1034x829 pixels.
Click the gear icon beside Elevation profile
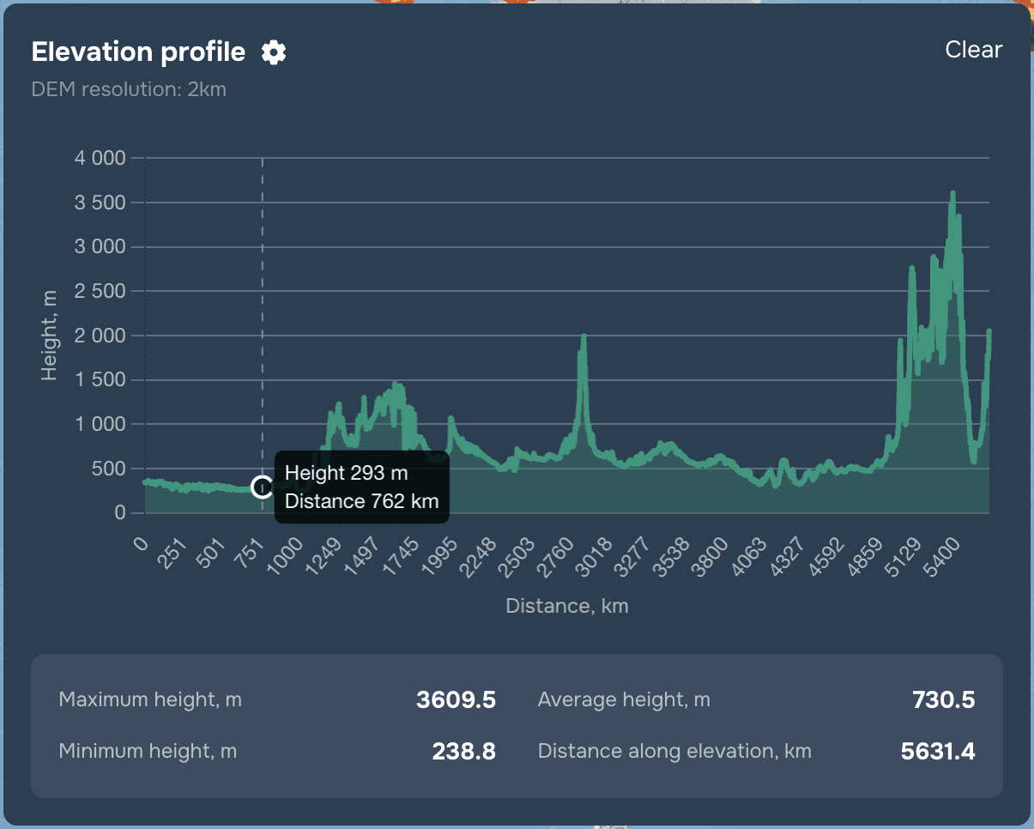coord(274,51)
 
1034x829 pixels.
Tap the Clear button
coord(973,50)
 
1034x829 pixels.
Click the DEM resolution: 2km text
coord(129,89)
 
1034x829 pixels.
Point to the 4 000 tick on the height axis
coord(100,158)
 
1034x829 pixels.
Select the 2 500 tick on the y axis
coord(100,291)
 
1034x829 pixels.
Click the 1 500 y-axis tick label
coord(100,380)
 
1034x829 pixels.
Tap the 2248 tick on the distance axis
coord(478,558)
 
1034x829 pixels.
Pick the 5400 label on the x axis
coord(941,558)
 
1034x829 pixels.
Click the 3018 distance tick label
coord(594,558)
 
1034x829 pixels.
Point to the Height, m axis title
coord(49,336)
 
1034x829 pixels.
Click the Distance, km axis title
coord(567,606)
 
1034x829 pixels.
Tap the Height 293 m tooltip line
coord(346,473)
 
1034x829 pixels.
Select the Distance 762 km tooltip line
coord(362,501)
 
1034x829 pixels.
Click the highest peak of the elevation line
coord(952,193)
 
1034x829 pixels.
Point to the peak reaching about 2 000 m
coord(584,336)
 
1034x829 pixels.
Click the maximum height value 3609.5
coord(456,699)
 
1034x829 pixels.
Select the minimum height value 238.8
coord(463,751)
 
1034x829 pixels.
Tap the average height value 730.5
coord(944,699)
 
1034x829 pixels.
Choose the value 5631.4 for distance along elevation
coord(938,751)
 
